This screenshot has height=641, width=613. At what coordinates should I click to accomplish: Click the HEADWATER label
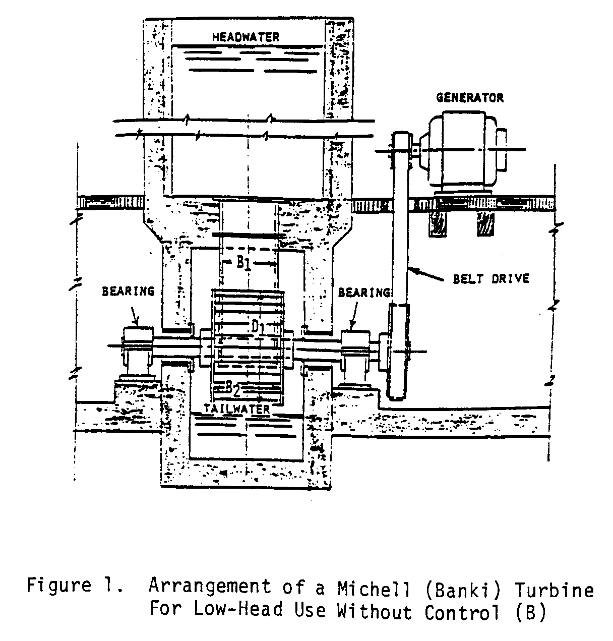(x=246, y=37)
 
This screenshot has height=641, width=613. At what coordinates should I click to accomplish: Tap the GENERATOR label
(x=470, y=97)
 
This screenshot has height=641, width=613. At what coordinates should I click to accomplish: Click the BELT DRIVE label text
(x=491, y=278)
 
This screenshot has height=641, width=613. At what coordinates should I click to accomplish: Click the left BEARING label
(x=128, y=292)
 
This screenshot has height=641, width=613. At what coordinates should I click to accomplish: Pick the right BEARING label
(x=364, y=293)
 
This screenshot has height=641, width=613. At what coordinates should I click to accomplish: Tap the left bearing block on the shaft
(x=138, y=348)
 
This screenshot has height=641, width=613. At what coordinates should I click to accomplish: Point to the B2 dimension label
(x=232, y=388)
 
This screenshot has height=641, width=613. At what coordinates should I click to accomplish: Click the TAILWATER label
(x=237, y=409)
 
